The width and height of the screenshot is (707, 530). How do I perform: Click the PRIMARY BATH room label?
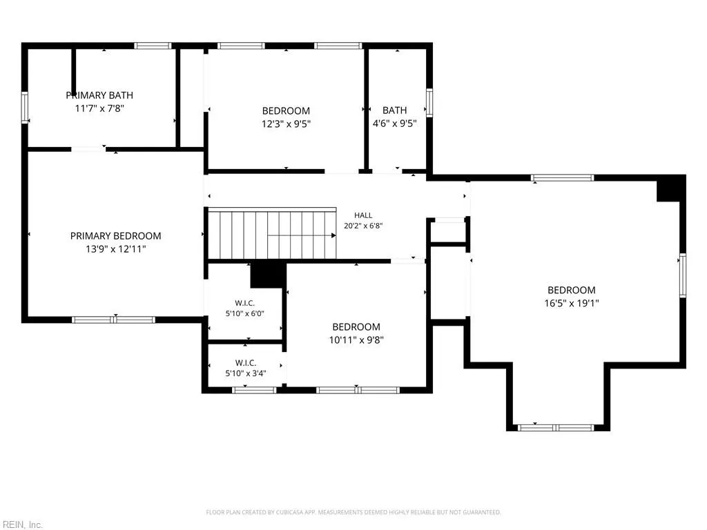coord(99,95)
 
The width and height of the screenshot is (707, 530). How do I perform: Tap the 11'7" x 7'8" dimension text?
coord(99,108)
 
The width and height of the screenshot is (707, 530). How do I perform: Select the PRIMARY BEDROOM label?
coord(115,236)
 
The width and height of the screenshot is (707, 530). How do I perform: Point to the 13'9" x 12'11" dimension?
coord(116,248)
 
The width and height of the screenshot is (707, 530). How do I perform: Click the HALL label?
coord(363,215)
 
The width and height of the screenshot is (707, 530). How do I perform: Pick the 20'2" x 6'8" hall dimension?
coord(363,226)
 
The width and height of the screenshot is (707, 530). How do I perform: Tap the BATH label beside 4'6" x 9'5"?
coord(394,110)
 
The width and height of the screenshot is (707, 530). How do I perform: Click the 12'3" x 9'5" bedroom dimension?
coord(286,124)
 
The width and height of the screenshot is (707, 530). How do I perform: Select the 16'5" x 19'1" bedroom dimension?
coord(571,303)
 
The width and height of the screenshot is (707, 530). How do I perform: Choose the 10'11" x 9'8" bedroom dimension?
coord(356,340)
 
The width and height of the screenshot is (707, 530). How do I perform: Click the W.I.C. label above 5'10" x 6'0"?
coord(245,304)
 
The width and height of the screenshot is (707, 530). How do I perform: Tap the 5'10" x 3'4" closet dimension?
coord(246,373)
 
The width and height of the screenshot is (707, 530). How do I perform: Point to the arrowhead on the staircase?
coord(333,235)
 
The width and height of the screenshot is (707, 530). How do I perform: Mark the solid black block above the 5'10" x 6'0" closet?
coord(268,275)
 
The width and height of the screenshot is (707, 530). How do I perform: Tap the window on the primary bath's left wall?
coord(25,107)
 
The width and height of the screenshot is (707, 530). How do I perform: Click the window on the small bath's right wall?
coord(429,103)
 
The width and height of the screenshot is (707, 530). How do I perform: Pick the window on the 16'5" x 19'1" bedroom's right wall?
coord(683,275)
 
